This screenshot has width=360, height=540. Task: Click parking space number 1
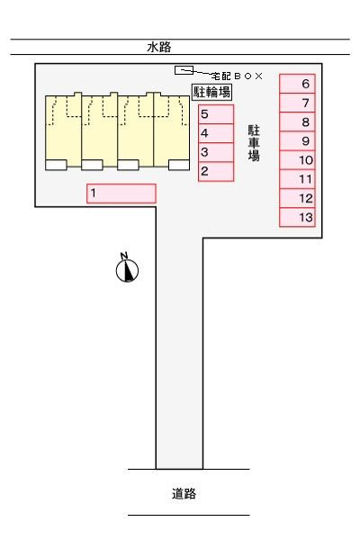pyautogui.click(x=121, y=193)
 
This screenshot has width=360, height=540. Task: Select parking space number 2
pyautogui.click(x=216, y=172)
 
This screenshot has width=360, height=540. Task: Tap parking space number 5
pyautogui.click(x=216, y=114)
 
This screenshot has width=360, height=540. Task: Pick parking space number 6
pyautogui.click(x=297, y=84)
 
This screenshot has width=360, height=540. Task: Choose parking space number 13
pyautogui.click(x=297, y=217)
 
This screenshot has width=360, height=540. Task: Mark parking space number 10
pyautogui.click(x=297, y=160)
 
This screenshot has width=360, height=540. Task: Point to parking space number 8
pyautogui.click(x=297, y=121)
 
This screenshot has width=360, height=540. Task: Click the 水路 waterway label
pyautogui.click(x=159, y=47)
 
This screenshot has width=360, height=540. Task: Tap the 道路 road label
pyautogui.click(x=184, y=493)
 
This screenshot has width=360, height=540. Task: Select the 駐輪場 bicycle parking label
pyautogui.click(x=211, y=92)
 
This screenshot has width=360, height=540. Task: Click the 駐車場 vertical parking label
pyautogui.click(x=254, y=143)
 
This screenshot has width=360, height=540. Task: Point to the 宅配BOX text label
pyautogui.click(x=237, y=76)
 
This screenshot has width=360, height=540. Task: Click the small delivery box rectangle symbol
pyautogui.click(x=184, y=70)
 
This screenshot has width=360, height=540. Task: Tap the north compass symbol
pyautogui.click(x=127, y=271)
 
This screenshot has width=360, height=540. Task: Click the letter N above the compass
pyautogui.click(x=124, y=256)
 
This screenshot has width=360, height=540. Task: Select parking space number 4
pyautogui.click(x=216, y=133)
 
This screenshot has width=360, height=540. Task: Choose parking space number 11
pyautogui.click(x=297, y=179)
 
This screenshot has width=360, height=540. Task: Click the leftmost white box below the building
pyautogui.click(x=56, y=165)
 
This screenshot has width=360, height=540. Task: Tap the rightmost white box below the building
pyautogui.click(x=179, y=165)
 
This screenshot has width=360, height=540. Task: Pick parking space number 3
pyautogui.click(x=216, y=152)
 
